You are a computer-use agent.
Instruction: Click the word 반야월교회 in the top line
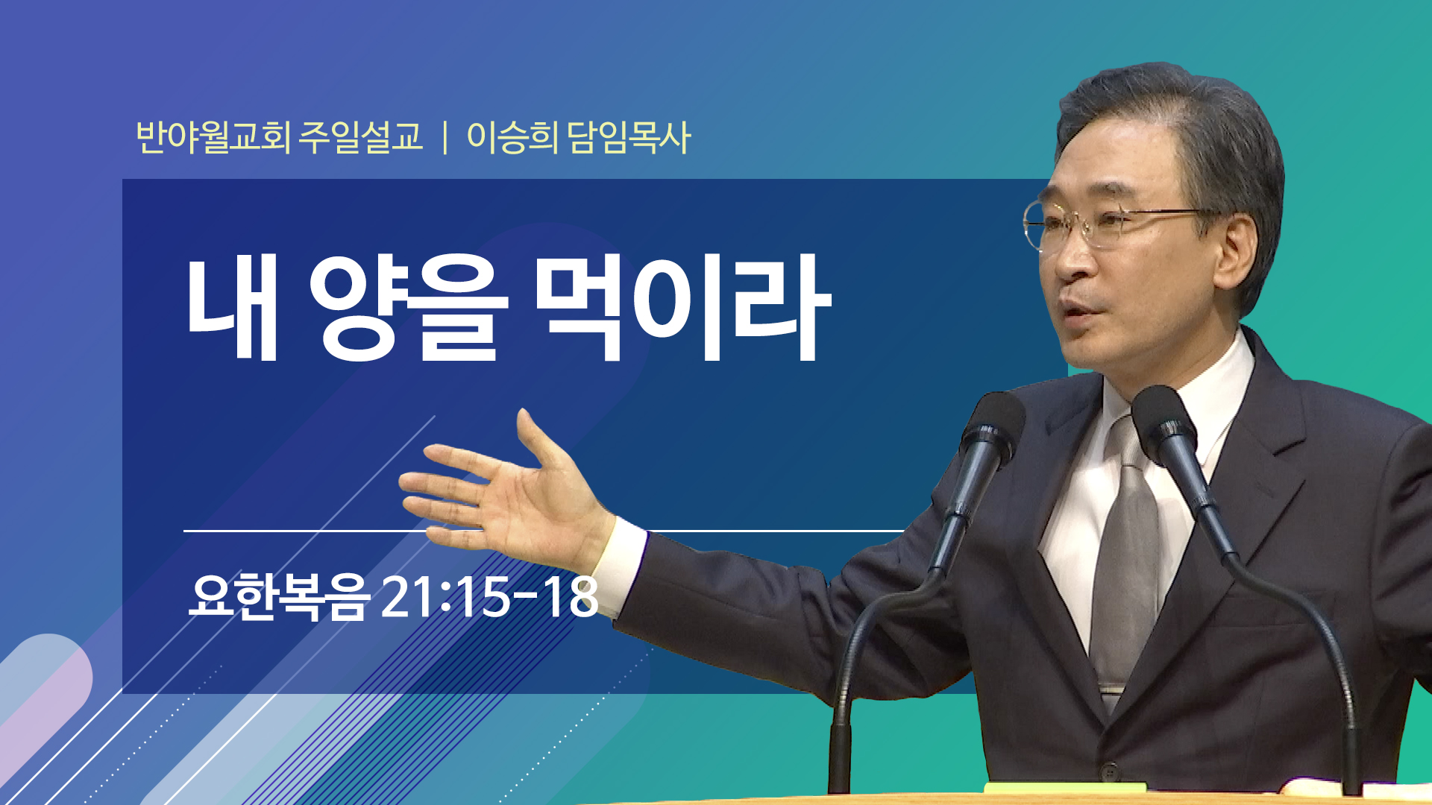[x=213, y=137]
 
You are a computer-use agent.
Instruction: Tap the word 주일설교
[x=360, y=137]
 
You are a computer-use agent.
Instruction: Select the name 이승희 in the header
[x=512, y=137]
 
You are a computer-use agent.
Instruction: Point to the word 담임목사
[x=629, y=137]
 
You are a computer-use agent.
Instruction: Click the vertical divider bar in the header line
[x=445, y=138]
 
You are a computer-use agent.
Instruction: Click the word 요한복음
[x=279, y=597]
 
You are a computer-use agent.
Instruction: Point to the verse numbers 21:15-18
[x=489, y=596]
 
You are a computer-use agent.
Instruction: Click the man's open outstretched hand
[x=500, y=492]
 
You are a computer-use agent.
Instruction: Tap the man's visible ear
[x=1238, y=257]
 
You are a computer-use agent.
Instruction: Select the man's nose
[x=1068, y=257]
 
